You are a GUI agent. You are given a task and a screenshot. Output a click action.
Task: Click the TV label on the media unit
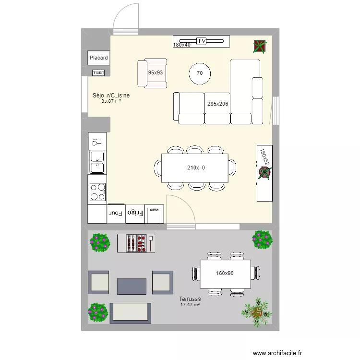[202, 41]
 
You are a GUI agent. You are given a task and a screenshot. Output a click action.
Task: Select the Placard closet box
[98, 58]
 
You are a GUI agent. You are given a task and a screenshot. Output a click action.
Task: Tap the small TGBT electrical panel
[98, 72]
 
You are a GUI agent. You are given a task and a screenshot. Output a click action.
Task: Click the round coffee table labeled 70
[200, 73]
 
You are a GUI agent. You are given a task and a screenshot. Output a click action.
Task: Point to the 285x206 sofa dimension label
[217, 104]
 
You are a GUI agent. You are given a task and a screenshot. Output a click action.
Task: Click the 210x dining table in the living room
[195, 168]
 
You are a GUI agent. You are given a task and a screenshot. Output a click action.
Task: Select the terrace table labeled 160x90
[225, 274]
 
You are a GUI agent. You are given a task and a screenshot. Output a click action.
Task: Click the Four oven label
[116, 213]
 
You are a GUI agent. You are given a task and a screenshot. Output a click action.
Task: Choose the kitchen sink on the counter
[97, 161]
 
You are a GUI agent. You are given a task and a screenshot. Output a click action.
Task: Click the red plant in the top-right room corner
[260, 46]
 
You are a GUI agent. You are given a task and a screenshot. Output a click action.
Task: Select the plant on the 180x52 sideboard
[264, 173]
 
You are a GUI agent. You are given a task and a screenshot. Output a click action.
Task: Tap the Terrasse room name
[190, 299]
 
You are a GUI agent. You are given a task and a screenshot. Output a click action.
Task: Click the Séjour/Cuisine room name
[111, 96]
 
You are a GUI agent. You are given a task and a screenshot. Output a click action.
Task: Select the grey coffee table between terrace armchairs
[132, 286]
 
